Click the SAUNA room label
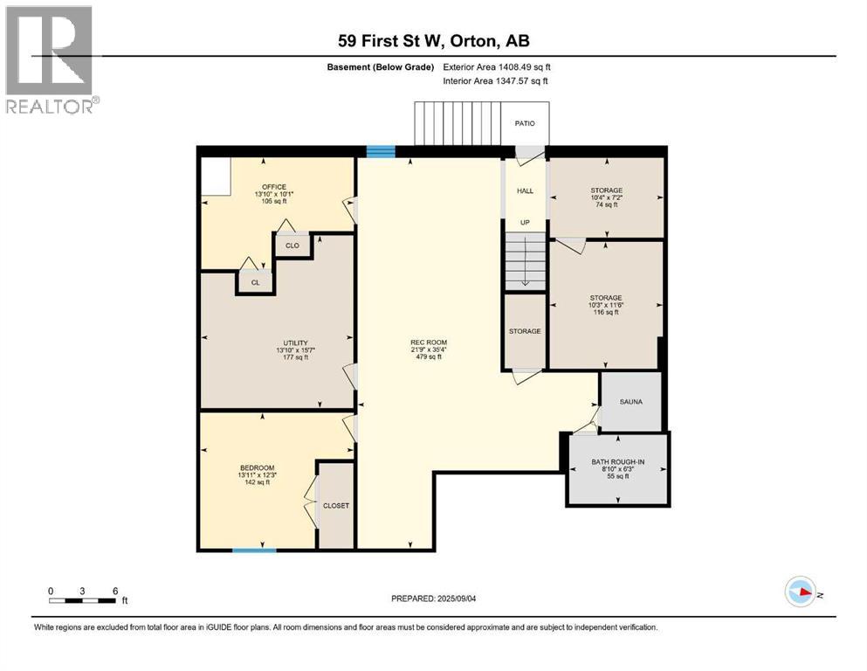point(630,402)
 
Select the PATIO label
point(525,123)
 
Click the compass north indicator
point(802,593)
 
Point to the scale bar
point(83,600)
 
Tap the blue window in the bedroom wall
point(254,550)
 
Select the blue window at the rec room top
point(380,152)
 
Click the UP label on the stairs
point(525,222)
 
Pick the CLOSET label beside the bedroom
point(336,506)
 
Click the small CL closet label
point(255,283)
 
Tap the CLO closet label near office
point(292,246)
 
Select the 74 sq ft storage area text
point(606,204)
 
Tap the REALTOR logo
point(49,59)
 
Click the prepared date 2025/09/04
point(433,598)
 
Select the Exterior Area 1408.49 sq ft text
point(497,66)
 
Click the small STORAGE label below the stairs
point(525,331)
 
